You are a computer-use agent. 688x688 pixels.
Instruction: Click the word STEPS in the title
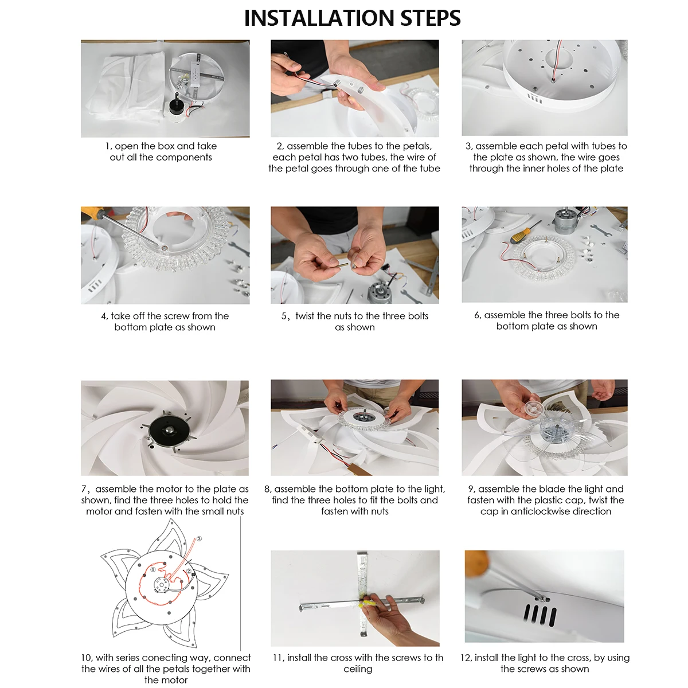pyautogui.click(x=431, y=18)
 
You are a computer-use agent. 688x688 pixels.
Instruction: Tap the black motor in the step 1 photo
pyautogui.click(x=175, y=104)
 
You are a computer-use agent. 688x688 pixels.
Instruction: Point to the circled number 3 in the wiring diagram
pyautogui.click(x=199, y=539)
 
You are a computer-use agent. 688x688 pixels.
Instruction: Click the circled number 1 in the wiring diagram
pyautogui.click(x=153, y=569)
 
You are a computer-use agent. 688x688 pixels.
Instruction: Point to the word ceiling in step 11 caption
pyautogui.click(x=358, y=669)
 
